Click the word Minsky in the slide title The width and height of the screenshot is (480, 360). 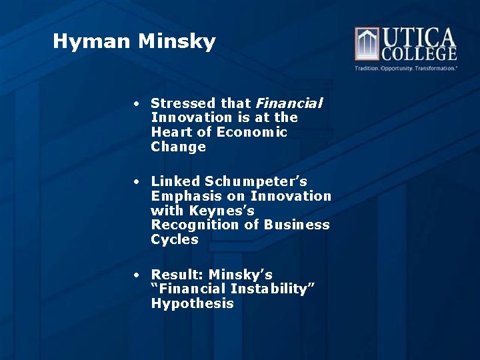tap(177, 42)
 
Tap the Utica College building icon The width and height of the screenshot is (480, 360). tap(366, 44)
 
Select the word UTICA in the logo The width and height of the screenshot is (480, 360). tap(418, 37)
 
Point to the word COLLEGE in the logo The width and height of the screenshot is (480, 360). tap(418, 54)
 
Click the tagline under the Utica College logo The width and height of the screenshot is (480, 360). tap(405, 68)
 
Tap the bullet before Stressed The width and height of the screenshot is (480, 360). tap(135, 104)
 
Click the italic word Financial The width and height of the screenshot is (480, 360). tap(289, 103)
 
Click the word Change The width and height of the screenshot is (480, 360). tap(178, 147)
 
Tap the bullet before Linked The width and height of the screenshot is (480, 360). tap(135, 182)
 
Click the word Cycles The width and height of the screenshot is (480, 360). tap(175, 239)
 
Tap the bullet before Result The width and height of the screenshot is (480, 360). tap(135, 275)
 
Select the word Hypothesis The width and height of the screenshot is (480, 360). tap(192, 303)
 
